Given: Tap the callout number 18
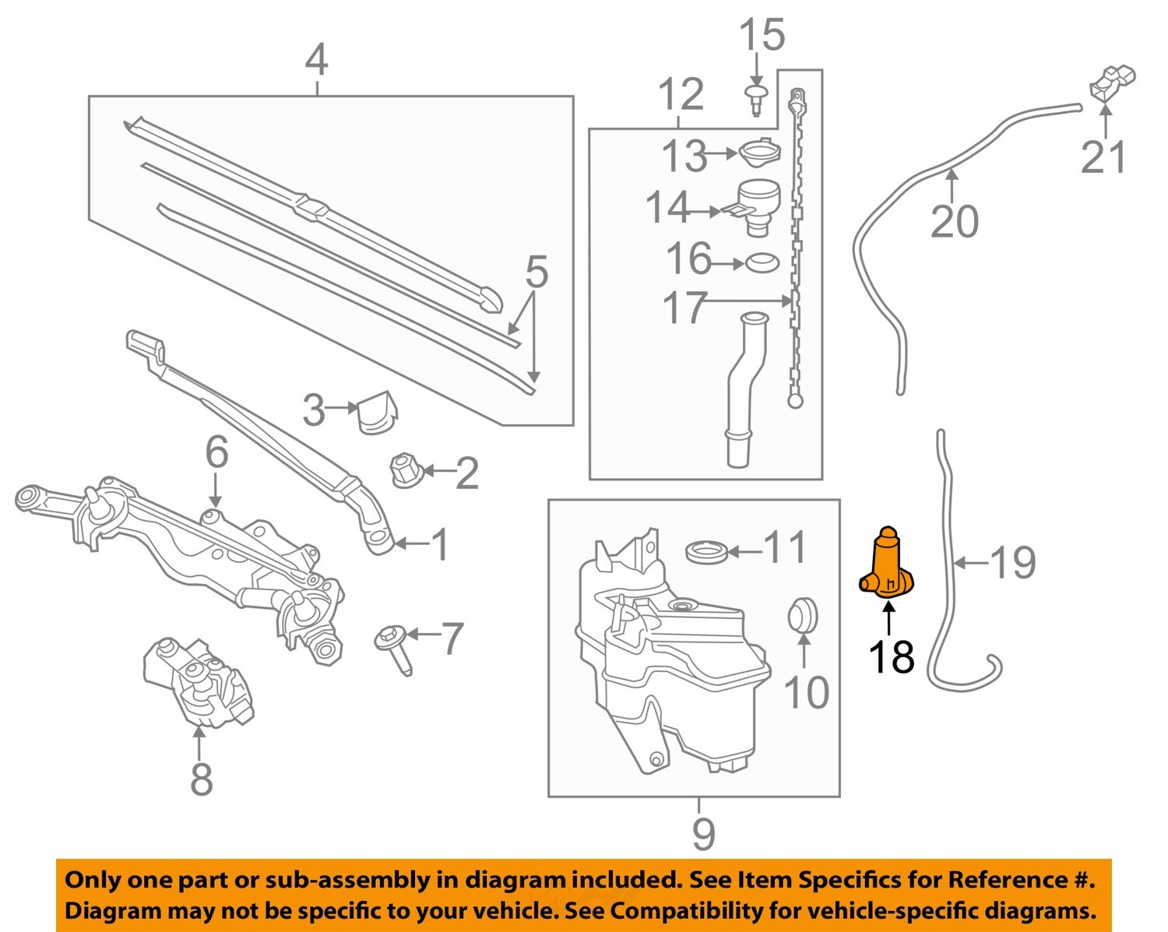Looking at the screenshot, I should coord(891,656).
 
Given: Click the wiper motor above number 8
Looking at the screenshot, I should coord(200,682).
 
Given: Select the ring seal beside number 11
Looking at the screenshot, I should coord(707,553).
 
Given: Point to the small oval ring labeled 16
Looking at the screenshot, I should coord(762,263).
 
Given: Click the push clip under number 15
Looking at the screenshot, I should coord(755,100).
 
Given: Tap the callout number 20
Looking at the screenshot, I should coord(955,221).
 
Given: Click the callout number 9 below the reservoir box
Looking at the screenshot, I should coord(702,834).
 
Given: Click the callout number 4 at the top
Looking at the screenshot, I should coord(316,60).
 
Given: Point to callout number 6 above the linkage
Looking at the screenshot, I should coord(216,452).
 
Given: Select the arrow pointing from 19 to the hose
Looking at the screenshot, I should coord(971,562).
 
